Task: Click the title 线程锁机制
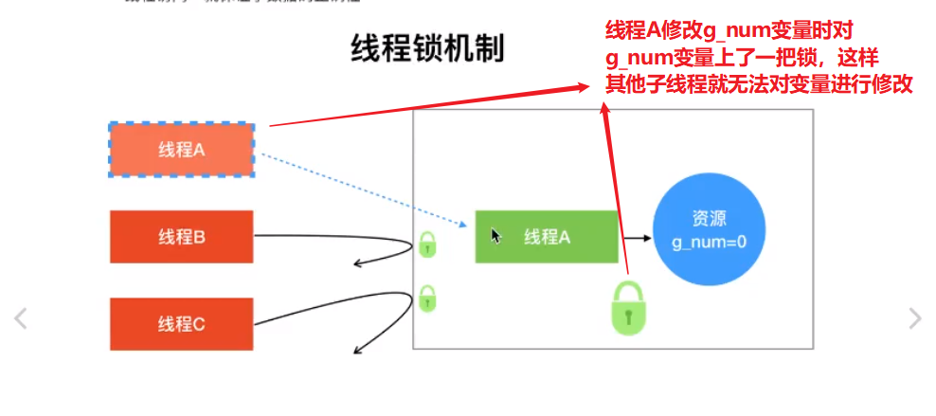[x=426, y=49]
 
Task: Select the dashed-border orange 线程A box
[x=181, y=149]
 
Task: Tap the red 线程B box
[x=181, y=237]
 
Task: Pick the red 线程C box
[x=181, y=324]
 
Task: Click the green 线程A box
[x=547, y=237]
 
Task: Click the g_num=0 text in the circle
[x=710, y=243]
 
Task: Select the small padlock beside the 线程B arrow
[x=428, y=244]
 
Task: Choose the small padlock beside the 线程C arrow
[x=428, y=299]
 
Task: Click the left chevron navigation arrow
[x=20, y=318]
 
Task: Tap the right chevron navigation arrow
[x=914, y=318]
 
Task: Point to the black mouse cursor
[x=495, y=235]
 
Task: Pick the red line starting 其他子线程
[x=759, y=83]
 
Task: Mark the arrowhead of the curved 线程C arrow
[x=358, y=353]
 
